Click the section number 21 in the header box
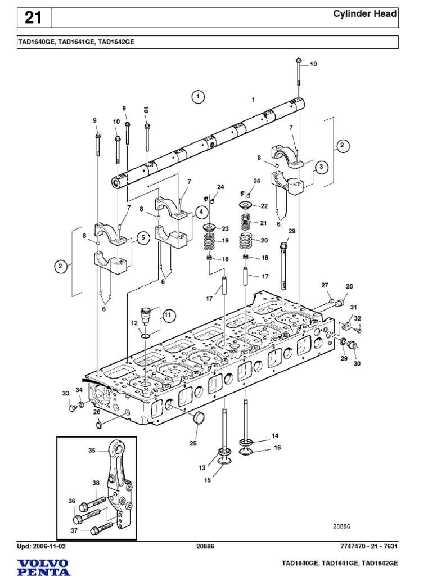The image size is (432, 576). click(x=33, y=18)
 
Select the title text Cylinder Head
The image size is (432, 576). click(x=365, y=14)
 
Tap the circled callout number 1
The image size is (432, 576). click(x=198, y=97)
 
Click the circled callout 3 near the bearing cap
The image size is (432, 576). click(x=321, y=166)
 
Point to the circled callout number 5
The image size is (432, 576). click(x=143, y=237)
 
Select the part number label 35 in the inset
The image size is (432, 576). click(x=92, y=450)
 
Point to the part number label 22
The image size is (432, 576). click(x=264, y=206)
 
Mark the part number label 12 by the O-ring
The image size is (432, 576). click(x=134, y=323)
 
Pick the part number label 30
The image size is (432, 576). click(x=357, y=364)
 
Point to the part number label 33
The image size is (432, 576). click(x=66, y=393)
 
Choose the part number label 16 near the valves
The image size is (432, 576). click(x=276, y=448)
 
